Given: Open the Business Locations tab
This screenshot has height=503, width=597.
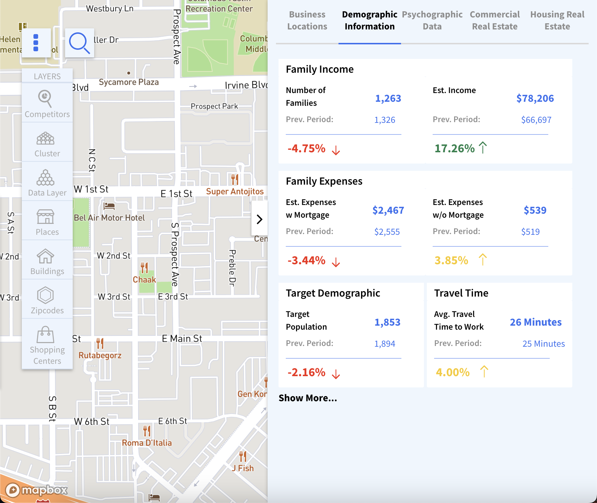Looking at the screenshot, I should (x=307, y=21).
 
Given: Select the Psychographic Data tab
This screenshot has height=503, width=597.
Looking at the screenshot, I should (x=432, y=21).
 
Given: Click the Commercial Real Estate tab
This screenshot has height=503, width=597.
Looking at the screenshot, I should (x=494, y=21).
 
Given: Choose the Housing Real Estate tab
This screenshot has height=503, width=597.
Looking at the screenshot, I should (x=557, y=21).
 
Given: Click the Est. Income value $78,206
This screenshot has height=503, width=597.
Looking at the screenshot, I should (x=535, y=98).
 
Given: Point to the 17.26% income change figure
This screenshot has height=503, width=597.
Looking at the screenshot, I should (x=455, y=148).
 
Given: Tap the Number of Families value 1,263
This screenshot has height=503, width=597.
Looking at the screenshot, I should (x=388, y=98).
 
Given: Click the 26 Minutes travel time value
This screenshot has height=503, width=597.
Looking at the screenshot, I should (x=536, y=322).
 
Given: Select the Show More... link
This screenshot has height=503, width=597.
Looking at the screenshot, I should (x=308, y=398).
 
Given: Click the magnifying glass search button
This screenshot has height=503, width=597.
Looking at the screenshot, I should (x=79, y=43).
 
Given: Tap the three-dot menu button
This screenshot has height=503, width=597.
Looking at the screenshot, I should (x=36, y=43).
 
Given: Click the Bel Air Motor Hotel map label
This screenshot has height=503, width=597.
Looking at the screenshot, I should (x=109, y=218).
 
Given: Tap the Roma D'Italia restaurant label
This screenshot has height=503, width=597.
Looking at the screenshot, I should (x=147, y=443).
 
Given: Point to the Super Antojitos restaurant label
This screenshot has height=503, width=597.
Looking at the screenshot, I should (x=235, y=192).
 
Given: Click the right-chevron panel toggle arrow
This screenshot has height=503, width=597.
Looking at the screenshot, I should (x=260, y=219).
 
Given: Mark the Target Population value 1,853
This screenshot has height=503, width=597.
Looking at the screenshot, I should (x=387, y=322).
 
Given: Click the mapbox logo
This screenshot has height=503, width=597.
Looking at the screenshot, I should (x=37, y=490).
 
